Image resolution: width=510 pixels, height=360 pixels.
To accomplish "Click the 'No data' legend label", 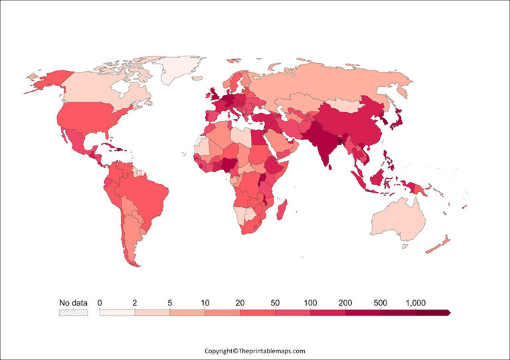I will (x=73, y=303).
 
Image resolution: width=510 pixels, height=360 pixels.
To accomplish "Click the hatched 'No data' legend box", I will (x=73, y=312).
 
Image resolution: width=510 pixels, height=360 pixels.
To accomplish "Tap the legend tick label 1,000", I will (x=415, y=303).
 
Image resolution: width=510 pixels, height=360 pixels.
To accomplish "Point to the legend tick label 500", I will (x=381, y=303).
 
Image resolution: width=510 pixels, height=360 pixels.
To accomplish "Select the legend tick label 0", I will (x=100, y=303).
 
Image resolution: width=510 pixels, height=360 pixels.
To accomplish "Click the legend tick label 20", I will (x=240, y=303).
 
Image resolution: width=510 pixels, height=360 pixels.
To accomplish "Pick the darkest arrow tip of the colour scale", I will (x=448, y=312).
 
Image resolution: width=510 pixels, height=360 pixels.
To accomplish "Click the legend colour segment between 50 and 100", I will (x=292, y=312).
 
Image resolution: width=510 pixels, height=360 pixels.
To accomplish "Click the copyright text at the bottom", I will (x=254, y=351).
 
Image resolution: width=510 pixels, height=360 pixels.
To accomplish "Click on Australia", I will (x=398, y=219).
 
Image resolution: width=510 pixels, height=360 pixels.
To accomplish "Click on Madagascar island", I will (x=281, y=210).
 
